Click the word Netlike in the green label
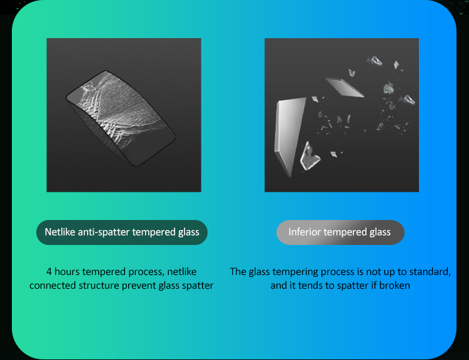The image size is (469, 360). click(x=60, y=232)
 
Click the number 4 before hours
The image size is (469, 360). click(x=49, y=272)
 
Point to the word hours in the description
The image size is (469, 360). click(x=67, y=272)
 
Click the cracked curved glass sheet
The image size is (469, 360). click(x=121, y=117)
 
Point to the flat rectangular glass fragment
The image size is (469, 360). click(x=345, y=87)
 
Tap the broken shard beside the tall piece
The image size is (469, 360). click(x=310, y=156)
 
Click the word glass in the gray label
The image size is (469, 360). click(x=380, y=232)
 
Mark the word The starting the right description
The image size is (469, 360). click(x=238, y=272)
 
